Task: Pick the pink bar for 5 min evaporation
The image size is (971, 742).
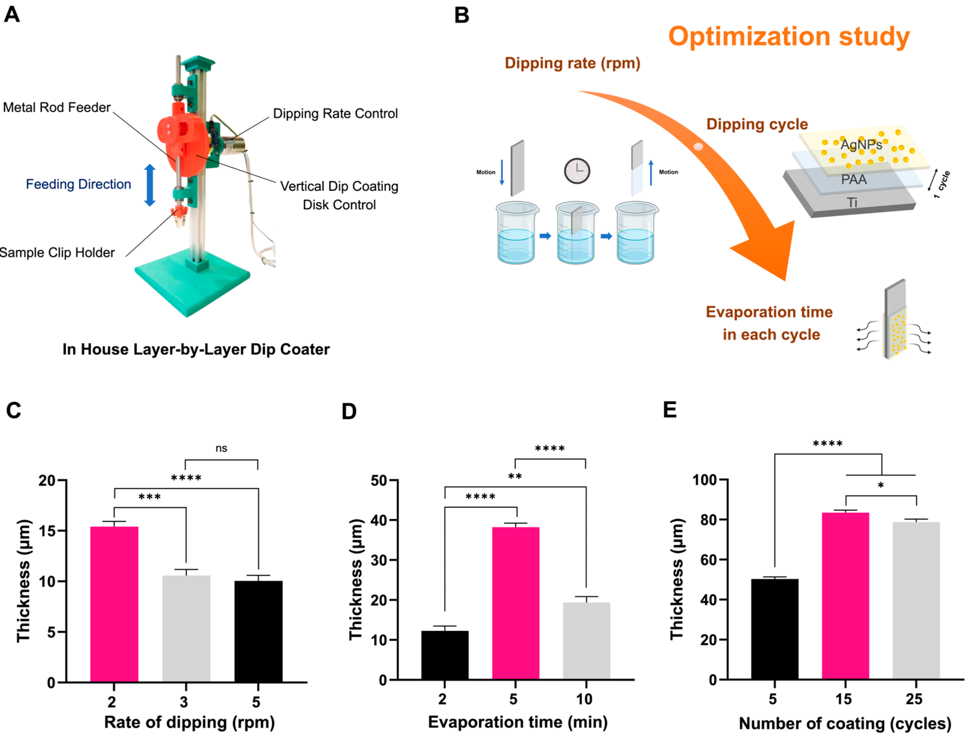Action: pyautogui.click(x=516, y=603)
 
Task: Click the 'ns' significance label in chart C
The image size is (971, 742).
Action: pyautogui.click(x=221, y=448)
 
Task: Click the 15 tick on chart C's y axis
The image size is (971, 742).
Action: pyautogui.click(x=47, y=530)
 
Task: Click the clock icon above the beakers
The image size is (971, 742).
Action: pyautogui.click(x=577, y=171)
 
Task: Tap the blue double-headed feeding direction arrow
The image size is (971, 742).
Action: pyautogui.click(x=150, y=186)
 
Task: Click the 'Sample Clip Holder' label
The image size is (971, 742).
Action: pyautogui.click(x=57, y=252)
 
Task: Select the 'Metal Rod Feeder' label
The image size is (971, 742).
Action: pyautogui.click(x=56, y=107)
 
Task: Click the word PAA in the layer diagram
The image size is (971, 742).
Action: pyautogui.click(x=854, y=180)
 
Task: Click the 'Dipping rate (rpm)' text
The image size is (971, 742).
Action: pyautogui.click(x=573, y=63)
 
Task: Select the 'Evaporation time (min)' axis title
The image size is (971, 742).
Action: pyautogui.click(x=518, y=722)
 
